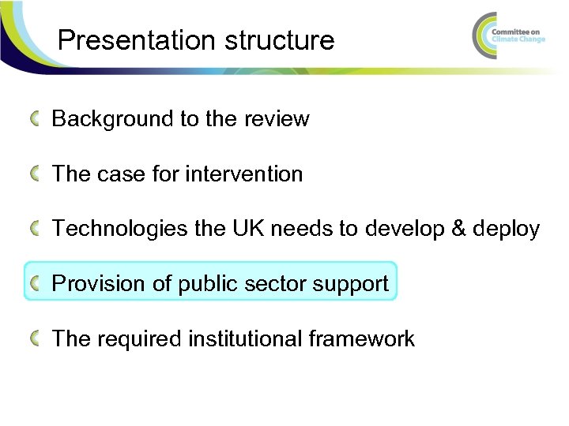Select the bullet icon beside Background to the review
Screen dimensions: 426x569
(36, 119)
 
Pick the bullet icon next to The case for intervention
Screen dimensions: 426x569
(36, 174)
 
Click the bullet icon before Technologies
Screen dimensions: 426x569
(36, 230)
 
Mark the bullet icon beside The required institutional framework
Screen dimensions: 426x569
(36, 339)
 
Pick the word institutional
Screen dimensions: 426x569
(246, 339)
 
